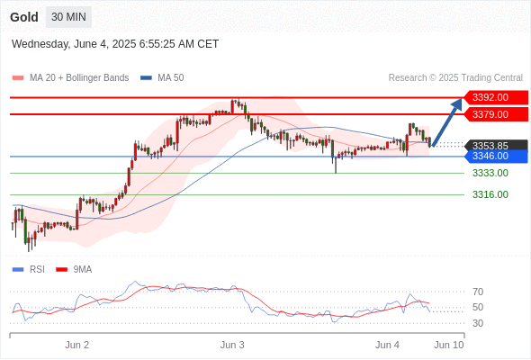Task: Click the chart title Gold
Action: [x=24, y=17]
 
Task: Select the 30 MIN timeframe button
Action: [x=68, y=17]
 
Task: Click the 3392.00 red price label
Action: [x=496, y=97]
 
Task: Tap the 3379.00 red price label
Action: [x=496, y=114]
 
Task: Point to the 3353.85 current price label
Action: [x=496, y=146]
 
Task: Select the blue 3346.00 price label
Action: [x=496, y=156]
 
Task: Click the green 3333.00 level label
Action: [x=490, y=173]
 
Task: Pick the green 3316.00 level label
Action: [x=490, y=194]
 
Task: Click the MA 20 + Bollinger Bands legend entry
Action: [x=70, y=78]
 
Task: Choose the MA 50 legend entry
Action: [x=162, y=78]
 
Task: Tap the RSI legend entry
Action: [x=29, y=270]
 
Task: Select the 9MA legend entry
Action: [x=74, y=270]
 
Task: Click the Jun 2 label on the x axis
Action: [x=76, y=345]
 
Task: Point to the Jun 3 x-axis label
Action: [x=232, y=345]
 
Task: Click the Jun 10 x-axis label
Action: [x=449, y=345]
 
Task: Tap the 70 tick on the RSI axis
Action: [x=478, y=292]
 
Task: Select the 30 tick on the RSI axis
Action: [x=478, y=323]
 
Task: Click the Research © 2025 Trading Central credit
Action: [x=455, y=78]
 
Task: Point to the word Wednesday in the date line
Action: [x=40, y=44]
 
